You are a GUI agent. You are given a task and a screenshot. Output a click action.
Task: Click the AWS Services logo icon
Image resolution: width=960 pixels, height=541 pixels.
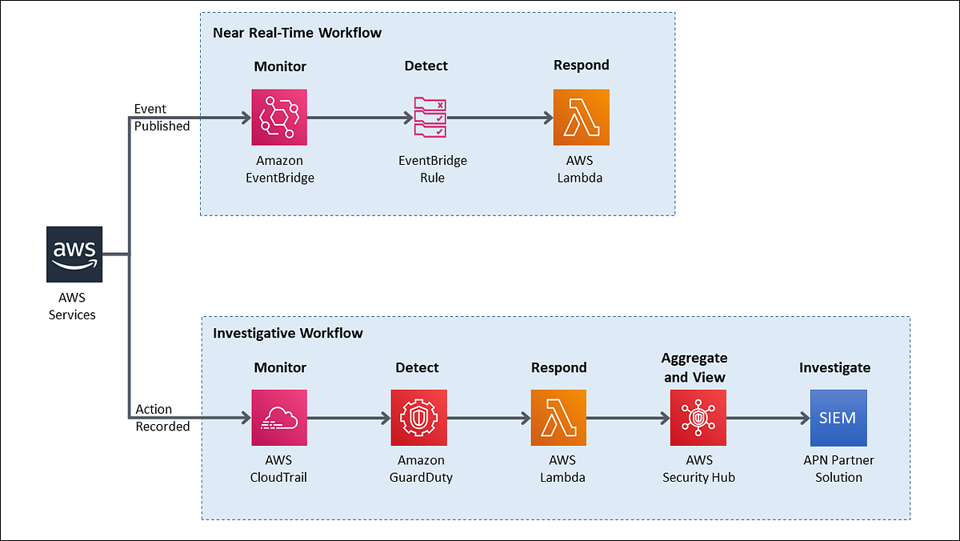coord(74,254)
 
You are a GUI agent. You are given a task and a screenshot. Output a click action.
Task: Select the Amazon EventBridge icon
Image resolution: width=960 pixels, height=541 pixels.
coord(279,117)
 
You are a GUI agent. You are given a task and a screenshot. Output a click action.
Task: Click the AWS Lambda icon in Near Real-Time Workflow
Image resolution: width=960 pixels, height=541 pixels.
coord(581,117)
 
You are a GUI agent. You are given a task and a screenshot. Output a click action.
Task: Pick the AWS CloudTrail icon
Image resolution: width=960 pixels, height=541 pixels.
coord(279,418)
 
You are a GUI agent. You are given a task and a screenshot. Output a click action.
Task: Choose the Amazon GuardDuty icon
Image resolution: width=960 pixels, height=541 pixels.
coord(418,418)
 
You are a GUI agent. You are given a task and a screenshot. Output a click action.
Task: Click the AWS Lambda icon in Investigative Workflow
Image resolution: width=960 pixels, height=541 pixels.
coord(558,418)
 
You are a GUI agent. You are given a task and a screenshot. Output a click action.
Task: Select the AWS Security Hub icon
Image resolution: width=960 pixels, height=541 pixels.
coord(698,418)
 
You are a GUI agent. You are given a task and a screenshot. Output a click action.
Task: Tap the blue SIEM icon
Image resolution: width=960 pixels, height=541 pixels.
coord(838,418)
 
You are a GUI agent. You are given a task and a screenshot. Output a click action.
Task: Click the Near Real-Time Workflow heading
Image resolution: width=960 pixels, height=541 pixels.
coord(297,33)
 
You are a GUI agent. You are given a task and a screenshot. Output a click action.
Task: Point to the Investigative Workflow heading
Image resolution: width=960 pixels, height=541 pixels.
coord(287,333)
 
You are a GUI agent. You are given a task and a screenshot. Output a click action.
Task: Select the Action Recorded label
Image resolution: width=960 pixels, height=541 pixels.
coord(162,419)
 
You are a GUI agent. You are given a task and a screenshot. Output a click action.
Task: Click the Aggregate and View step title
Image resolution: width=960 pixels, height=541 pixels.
coord(694,367)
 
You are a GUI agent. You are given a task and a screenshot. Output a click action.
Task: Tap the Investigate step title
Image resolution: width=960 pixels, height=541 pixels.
coord(834,367)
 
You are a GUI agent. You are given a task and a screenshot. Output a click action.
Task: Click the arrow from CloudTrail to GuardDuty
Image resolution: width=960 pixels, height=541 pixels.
coord(348,418)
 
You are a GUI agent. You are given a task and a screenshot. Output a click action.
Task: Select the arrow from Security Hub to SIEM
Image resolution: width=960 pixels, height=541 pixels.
coord(767,418)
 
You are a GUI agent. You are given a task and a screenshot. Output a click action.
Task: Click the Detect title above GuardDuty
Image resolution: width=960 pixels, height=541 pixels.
coord(417,367)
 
